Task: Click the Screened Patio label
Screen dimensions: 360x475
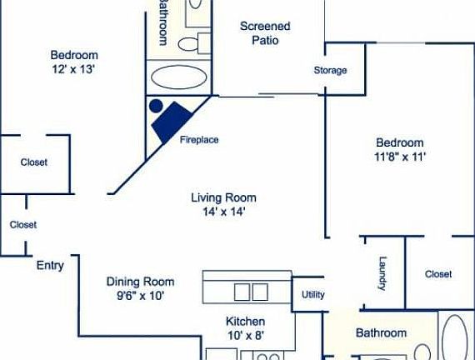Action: click(265, 32)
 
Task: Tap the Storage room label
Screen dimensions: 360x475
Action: click(330, 70)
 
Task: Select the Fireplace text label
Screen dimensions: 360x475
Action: click(199, 139)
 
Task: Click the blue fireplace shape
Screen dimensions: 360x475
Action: click(176, 118)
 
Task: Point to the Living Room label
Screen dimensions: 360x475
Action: click(223, 197)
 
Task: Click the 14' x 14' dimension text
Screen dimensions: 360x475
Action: click(223, 212)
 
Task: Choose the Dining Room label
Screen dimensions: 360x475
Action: click(140, 282)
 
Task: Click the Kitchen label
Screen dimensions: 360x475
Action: click(245, 321)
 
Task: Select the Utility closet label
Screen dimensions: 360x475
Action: click(313, 294)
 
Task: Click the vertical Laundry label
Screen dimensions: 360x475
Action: click(383, 272)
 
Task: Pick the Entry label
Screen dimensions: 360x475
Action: click(50, 266)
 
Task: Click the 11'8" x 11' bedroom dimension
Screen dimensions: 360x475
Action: click(400, 156)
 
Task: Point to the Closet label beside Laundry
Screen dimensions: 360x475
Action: click(437, 273)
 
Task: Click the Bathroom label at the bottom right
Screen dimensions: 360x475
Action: click(381, 332)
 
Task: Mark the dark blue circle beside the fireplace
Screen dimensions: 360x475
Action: click(155, 106)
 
